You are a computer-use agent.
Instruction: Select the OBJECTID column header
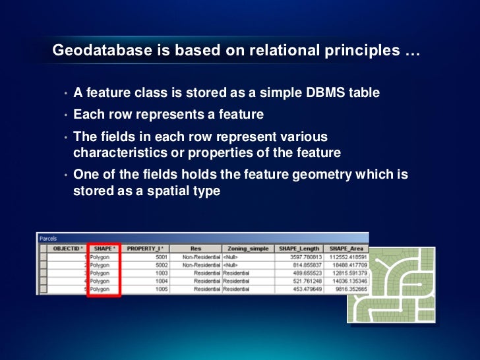[x=67, y=249]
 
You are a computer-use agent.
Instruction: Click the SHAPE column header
[x=104, y=249]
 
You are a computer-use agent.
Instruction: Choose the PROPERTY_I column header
[x=145, y=249]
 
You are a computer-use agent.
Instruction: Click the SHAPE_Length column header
[x=299, y=249]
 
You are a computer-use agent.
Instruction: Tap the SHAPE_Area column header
[x=346, y=249]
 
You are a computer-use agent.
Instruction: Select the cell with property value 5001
[x=161, y=257]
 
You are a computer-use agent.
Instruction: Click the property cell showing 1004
[x=161, y=281]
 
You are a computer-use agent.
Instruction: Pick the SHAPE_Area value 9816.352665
[x=349, y=289]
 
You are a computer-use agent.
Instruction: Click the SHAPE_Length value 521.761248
[x=305, y=281]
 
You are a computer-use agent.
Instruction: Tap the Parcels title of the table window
[x=49, y=239]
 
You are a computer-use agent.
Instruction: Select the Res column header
[x=196, y=249]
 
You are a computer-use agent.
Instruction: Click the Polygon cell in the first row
[x=100, y=257]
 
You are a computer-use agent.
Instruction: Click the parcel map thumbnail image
[x=391, y=285]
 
